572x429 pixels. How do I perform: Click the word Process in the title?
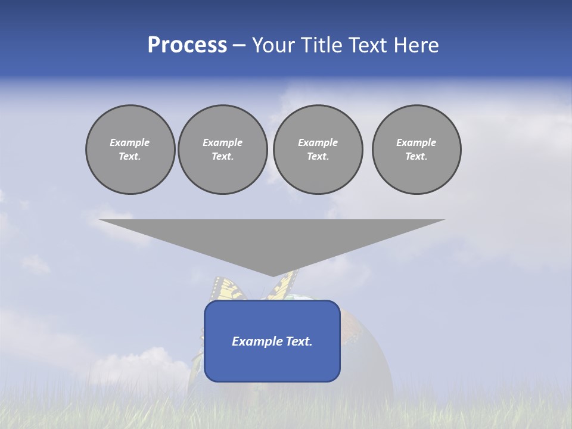pos(187,45)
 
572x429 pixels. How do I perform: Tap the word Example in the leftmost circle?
pos(130,142)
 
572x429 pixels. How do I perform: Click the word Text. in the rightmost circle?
pos(416,156)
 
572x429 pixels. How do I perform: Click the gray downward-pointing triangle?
pos(272,238)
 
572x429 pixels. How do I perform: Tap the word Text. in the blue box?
pos(299,341)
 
